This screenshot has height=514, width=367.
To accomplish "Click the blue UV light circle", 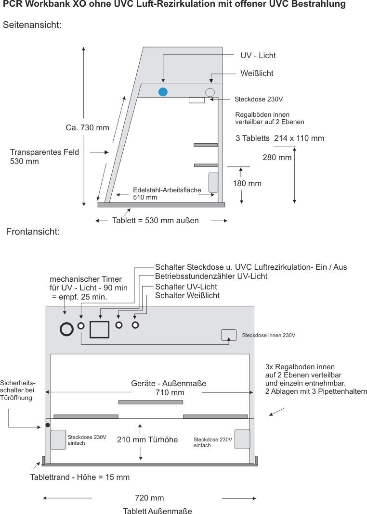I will point(163,92).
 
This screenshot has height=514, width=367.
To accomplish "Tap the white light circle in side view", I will point(210,92).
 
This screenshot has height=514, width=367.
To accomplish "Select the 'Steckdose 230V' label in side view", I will point(258,100).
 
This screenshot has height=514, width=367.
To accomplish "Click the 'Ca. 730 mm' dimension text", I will point(87,128).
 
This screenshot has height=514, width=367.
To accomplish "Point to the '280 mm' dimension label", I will point(277,157).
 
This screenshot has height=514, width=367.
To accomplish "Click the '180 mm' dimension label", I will point(247,183).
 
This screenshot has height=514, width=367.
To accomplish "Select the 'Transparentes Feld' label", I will point(44,152).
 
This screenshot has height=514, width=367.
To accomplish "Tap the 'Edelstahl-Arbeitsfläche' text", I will point(167,190).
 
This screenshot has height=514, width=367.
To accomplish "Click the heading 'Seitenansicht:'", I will point(32,25).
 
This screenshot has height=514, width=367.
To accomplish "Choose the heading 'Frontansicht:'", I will point(33,232).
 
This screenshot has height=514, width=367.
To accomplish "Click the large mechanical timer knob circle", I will point(66,328).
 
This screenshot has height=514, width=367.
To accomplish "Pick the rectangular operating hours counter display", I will point(100,329).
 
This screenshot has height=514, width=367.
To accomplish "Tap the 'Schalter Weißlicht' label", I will point(187,295).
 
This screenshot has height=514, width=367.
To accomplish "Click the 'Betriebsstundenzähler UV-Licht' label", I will point(211,276).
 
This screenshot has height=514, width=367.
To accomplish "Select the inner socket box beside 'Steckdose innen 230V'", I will point(228,335).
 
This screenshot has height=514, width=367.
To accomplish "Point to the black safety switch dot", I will point(48,425).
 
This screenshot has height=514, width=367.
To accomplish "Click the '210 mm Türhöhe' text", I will point(147,439).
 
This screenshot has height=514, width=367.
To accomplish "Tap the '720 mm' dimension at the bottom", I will point(149,498).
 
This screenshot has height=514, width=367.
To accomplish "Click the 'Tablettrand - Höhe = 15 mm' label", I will point(79,477).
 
